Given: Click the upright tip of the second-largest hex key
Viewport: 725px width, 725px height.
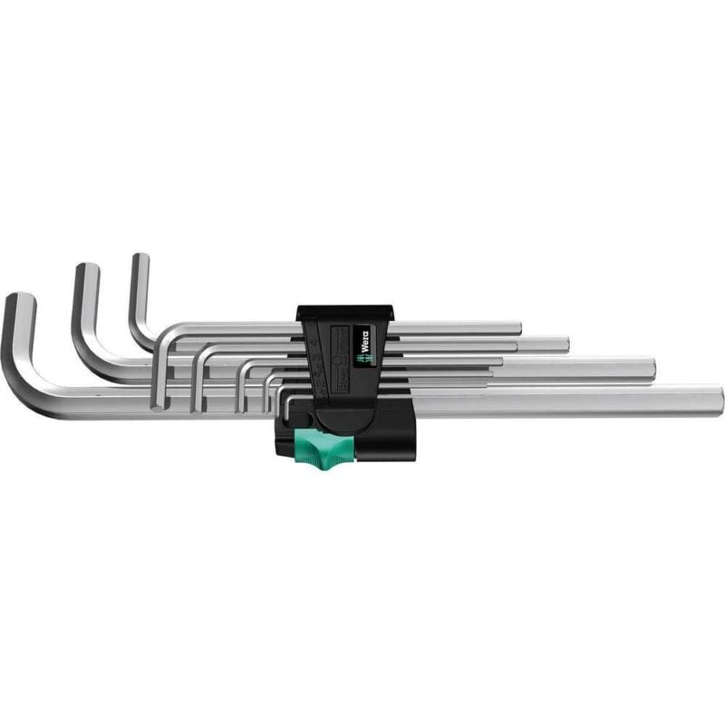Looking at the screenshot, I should point(85,270).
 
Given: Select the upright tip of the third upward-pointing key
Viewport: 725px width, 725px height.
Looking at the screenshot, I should point(140,261).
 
